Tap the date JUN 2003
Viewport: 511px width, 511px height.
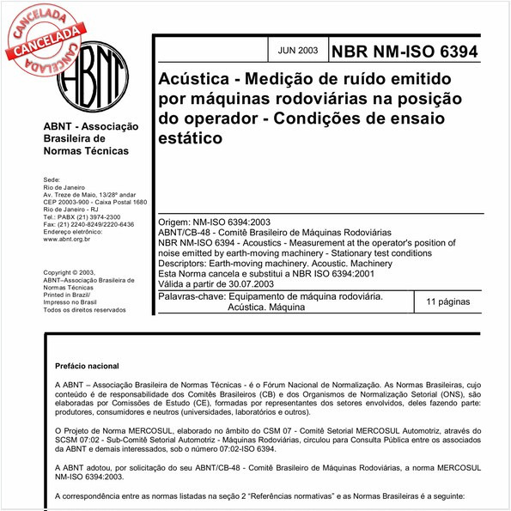296,51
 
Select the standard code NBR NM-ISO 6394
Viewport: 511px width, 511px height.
410,52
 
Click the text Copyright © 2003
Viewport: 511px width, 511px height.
76,273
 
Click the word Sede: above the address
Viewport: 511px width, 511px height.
52,180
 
